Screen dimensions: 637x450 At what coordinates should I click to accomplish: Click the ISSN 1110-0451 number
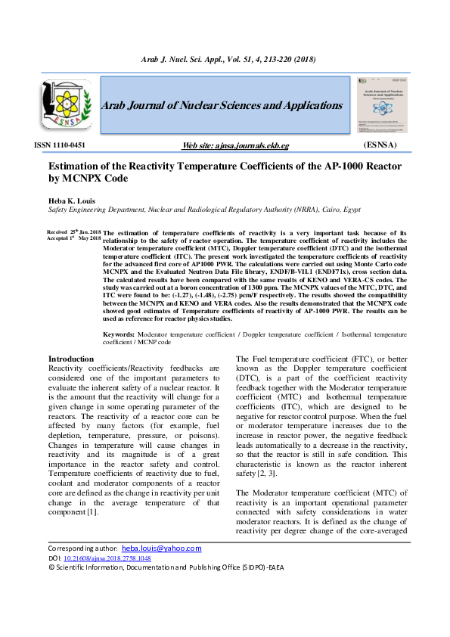pos(60,144)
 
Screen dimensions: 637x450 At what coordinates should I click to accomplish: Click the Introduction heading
pos(71,359)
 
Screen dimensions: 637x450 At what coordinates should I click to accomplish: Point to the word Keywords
pos(119,334)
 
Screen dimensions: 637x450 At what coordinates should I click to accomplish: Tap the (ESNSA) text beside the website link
pos(380,144)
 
